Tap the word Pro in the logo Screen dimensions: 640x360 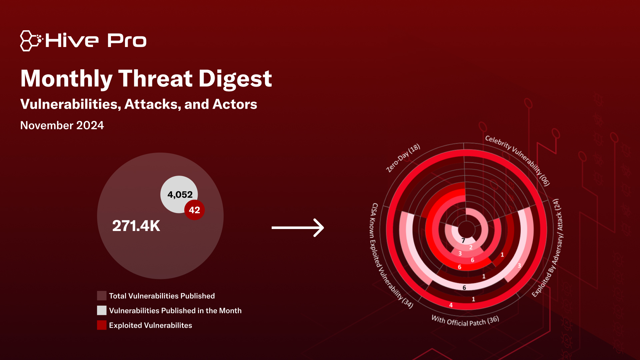pos(127,41)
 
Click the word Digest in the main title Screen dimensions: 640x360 pos(235,79)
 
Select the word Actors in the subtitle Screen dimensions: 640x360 pos(235,104)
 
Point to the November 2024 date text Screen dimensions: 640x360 pos(62,125)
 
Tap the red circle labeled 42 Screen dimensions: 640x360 pos(194,210)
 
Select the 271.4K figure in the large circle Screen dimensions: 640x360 pos(136,226)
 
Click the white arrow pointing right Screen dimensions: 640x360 pos(298,228)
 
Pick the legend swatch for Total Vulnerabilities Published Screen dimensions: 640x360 pos(102,296)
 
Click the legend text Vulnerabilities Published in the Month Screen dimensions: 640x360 pos(175,311)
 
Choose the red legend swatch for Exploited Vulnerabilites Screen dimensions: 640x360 pos(102,325)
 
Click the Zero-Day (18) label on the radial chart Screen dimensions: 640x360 pos(403,158)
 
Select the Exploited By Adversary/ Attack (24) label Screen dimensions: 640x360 pos(547,248)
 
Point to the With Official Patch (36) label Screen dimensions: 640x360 pos(465,321)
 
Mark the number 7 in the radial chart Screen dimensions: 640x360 pos(463,240)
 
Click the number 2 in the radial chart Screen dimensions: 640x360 pos(471,247)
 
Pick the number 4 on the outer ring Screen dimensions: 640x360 pos(451,305)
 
